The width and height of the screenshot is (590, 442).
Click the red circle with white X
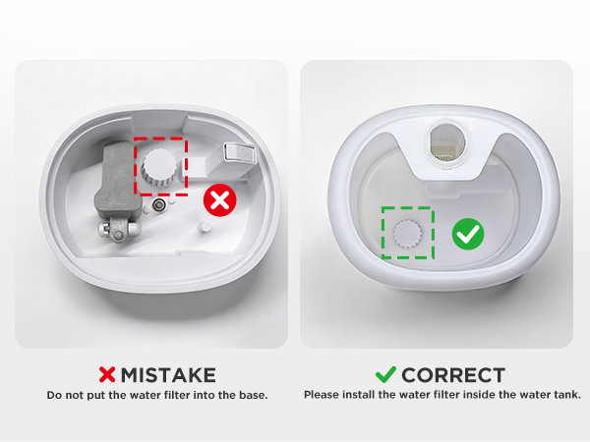point(220,201)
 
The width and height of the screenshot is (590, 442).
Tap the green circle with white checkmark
point(468,234)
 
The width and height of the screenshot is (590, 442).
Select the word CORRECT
point(453,375)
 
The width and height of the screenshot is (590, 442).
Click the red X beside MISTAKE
point(107,375)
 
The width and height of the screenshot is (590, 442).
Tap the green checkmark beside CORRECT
point(386,375)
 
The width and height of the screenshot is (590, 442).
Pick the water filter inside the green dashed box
point(406,232)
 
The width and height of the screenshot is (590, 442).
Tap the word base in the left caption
point(253,395)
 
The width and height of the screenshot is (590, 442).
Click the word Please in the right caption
point(323,395)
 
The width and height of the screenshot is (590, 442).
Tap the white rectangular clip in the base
point(240,152)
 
